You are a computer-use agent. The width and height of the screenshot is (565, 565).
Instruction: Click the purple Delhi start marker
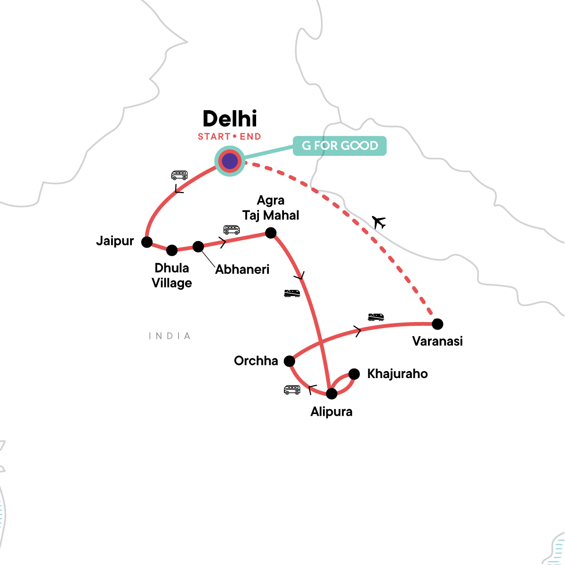coord(230,161)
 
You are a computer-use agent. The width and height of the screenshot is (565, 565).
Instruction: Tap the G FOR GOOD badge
coord(339,146)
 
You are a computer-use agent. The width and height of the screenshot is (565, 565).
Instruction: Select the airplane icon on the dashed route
coord(379,222)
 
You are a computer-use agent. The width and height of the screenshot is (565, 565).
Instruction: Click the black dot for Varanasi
coord(437,324)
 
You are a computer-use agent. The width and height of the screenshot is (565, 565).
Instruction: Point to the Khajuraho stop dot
coord(354,374)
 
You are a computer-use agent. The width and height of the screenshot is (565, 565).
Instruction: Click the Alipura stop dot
coord(331,394)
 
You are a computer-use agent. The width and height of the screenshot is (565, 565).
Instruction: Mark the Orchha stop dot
coord(289,361)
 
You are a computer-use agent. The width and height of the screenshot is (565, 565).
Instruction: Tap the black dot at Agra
coord(271,233)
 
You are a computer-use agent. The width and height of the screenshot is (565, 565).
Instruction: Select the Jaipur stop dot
coord(147,242)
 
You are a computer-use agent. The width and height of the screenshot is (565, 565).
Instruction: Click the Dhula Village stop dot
coord(172,250)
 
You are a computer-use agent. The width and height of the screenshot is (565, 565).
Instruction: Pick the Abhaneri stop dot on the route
coord(198,246)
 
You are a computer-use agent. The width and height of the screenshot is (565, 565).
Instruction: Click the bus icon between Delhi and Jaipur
coord(179,175)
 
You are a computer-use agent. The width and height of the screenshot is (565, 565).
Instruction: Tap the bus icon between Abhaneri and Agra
coord(231,229)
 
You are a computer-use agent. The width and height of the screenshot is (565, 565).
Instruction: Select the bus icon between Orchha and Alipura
coord(292,389)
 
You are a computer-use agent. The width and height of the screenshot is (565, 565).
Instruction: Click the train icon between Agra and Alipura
coord(292,293)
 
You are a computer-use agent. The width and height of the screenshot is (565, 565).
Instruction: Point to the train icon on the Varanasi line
coord(376,316)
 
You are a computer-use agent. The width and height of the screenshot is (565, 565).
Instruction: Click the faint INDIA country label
coord(169,336)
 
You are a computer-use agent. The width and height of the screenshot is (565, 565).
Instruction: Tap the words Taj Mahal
coord(271,216)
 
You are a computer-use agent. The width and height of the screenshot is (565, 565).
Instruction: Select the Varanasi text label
coord(437,341)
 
